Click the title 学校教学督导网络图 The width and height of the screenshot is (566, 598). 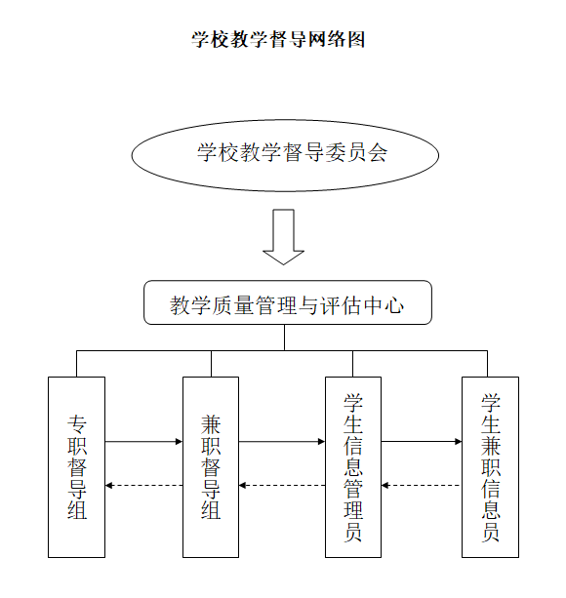(x=278, y=39)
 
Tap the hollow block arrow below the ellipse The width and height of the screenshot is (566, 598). (x=283, y=237)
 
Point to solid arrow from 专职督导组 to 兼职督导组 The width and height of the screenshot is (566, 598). (x=143, y=442)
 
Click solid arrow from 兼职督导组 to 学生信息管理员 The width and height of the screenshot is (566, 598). (x=282, y=442)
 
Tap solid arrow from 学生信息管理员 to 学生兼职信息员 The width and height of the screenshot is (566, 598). (x=422, y=442)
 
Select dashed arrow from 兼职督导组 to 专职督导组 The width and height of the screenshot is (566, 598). (x=143, y=486)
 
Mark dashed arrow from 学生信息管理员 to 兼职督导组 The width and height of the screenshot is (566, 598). (x=282, y=486)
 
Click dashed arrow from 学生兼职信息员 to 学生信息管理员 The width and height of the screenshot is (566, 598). (x=422, y=486)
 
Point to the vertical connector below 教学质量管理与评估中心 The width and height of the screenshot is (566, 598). (x=285, y=338)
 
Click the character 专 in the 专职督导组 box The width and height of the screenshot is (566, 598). (x=77, y=424)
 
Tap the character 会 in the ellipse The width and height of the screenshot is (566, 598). (x=378, y=152)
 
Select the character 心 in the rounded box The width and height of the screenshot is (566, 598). (x=394, y=305)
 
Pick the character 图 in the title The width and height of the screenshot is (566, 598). (x=356, y=39)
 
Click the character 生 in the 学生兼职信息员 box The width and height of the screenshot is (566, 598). (x=491, y=424)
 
